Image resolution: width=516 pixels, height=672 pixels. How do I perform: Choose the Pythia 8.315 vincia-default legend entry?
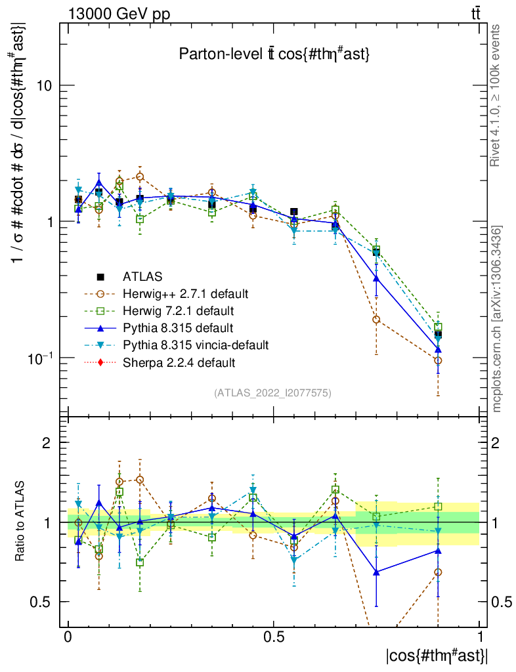point(196,345)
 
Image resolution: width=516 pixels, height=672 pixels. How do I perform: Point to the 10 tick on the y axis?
point(47,85)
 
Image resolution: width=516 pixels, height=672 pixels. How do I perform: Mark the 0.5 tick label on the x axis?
point(274,637)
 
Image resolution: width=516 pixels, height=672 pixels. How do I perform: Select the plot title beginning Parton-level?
point(274,55)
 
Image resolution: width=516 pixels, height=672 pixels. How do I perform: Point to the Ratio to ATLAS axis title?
point(22,522)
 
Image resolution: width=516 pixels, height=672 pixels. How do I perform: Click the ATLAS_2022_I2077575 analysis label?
point(272,393)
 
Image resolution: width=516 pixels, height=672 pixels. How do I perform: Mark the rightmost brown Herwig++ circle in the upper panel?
point(438,361)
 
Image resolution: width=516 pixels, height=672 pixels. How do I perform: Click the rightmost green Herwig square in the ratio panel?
point(438,507)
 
